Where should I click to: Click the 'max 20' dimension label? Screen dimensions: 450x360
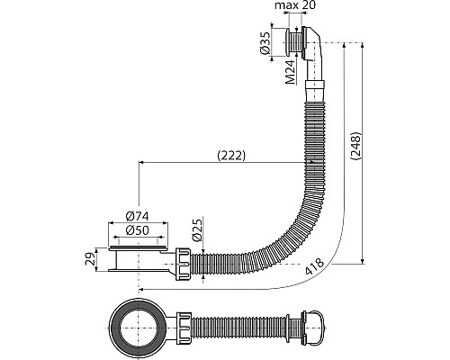[295, 5]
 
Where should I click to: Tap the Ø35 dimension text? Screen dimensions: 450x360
[265, 42]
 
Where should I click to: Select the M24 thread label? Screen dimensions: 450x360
[290, 72]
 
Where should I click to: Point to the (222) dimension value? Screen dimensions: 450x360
[231, 156]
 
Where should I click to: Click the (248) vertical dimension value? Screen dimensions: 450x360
[356, 146]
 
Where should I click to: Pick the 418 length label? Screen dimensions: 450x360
[315, 266]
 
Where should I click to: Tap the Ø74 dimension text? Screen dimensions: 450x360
[138, 216]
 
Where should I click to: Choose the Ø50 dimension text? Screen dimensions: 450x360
[138, 230]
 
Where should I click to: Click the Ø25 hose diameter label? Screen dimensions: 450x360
[197, 230]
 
